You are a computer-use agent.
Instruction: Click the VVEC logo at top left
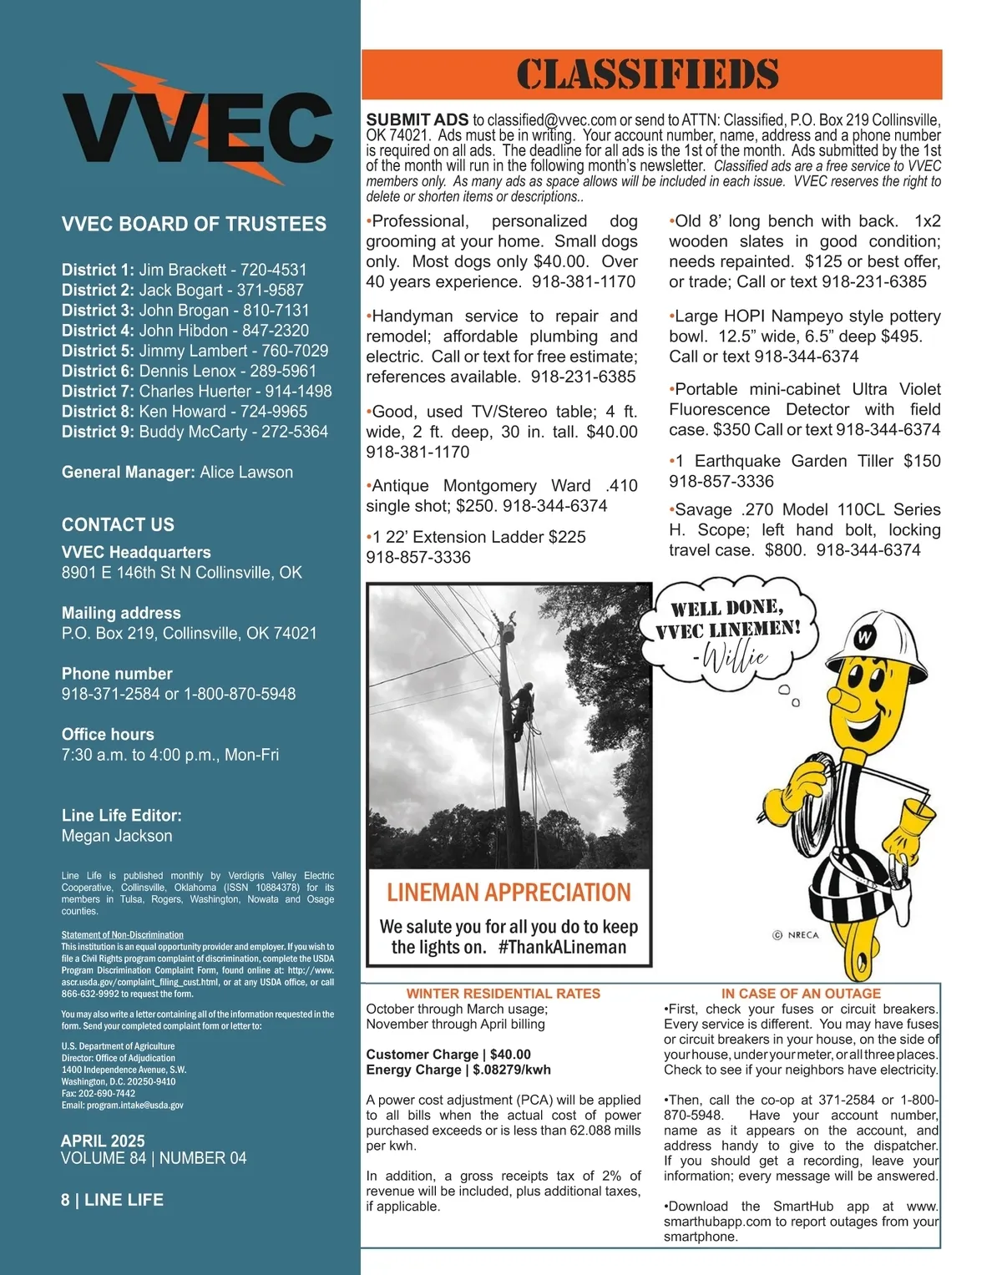pos(198,125)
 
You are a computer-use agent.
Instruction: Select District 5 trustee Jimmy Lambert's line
pos(195,351)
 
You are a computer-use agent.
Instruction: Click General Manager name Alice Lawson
pos(246,473)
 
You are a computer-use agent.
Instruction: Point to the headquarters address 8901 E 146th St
pos(181,573)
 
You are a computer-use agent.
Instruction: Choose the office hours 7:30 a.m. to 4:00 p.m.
pos(170,755)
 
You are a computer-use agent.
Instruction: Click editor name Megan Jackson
pos(117,836)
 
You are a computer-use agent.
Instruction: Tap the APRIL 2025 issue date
pos(103,1141)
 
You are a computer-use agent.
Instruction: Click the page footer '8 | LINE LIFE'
pos(112,1200)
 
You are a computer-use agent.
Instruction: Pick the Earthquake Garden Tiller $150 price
pos(922,461)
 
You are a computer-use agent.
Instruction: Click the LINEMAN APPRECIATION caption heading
pos(509,893)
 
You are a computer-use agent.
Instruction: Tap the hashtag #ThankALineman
pos(562,948)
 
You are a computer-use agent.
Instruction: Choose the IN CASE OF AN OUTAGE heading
pos(801,994)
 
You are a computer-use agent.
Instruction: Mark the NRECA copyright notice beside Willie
pos(796,935)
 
